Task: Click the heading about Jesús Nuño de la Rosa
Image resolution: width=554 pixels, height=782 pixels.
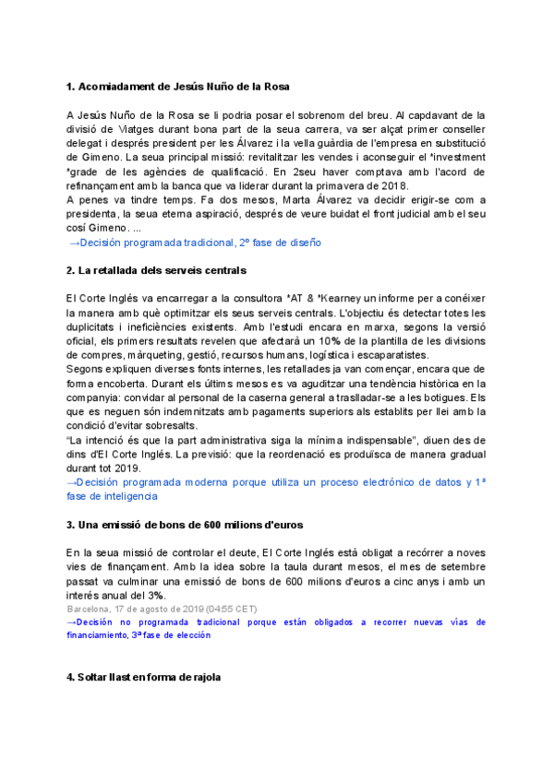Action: point(178,87)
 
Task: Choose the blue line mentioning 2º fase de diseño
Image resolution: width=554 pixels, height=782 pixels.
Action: point(196,243)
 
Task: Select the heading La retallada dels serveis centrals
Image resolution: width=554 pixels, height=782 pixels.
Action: point(156,270)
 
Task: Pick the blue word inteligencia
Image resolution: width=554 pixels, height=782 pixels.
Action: point(126,496)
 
